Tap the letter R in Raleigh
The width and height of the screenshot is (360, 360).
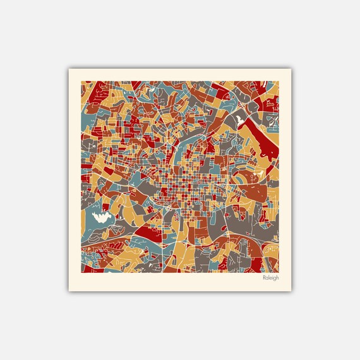264,277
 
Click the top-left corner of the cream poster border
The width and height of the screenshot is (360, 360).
69,69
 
